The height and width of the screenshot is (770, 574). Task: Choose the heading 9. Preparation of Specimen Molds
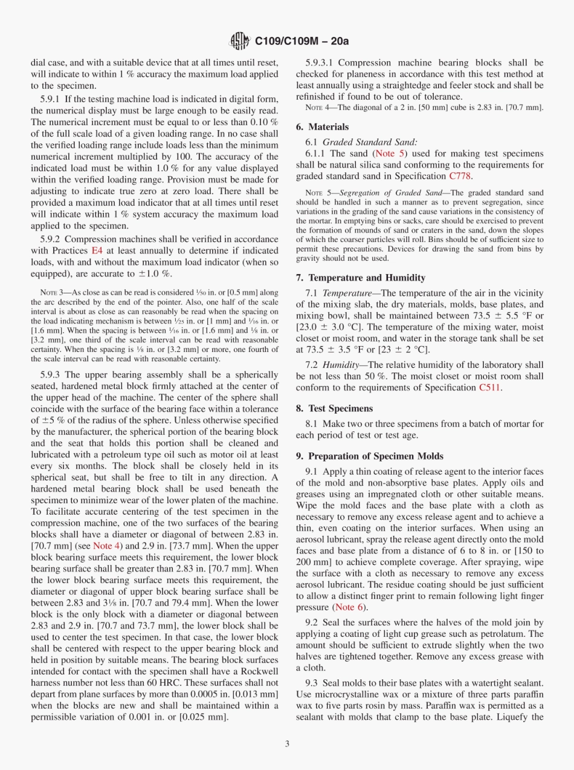[x=369, y=455]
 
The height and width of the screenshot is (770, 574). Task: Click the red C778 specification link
[x=460, y=176]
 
